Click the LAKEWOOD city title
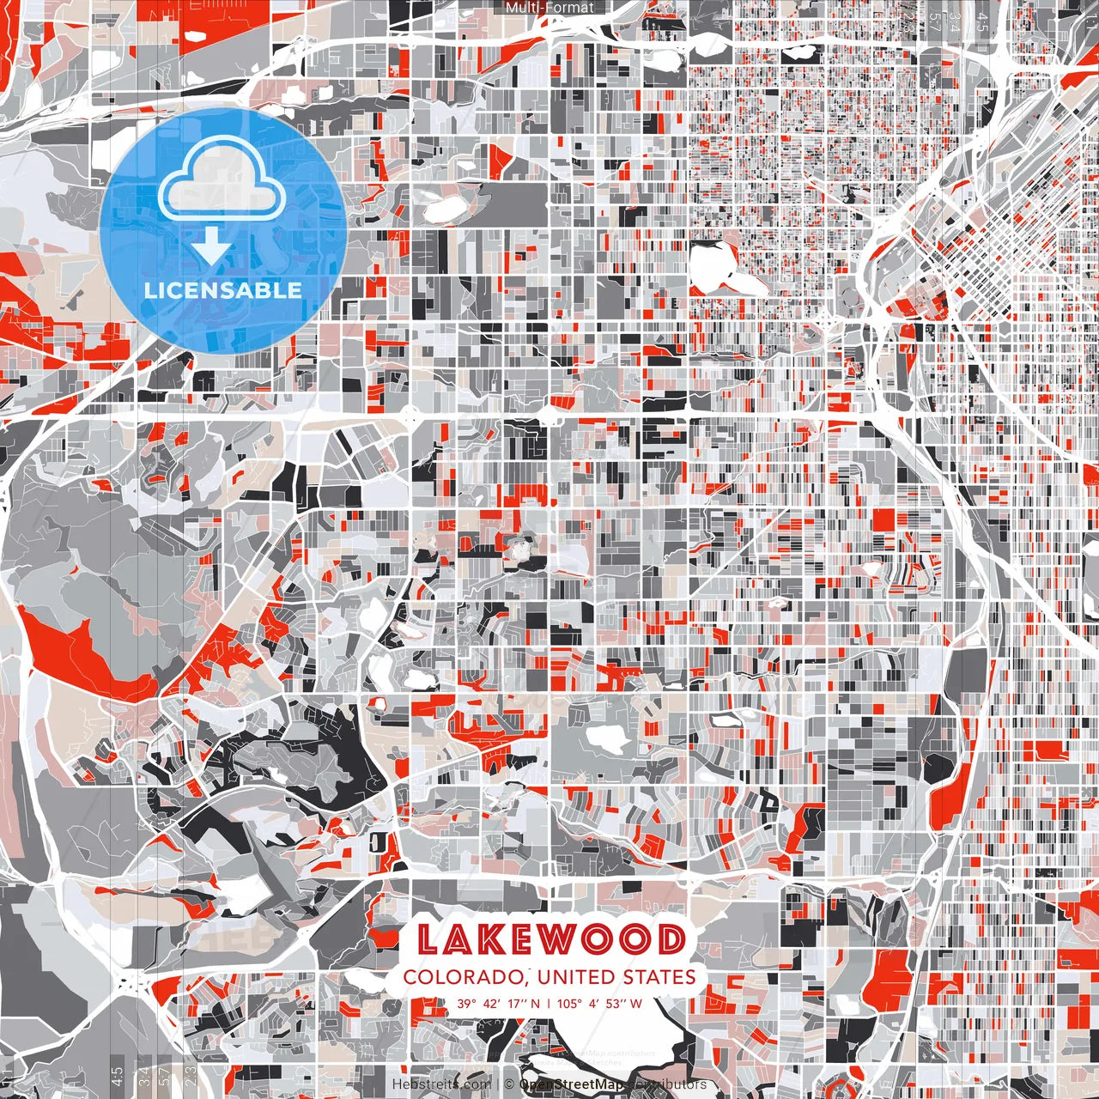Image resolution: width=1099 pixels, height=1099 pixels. [x=550, y=939]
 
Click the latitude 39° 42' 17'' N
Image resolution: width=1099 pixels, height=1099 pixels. [x=498, y=1003]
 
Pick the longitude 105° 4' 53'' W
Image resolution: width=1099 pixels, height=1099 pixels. [x=599, y=1003]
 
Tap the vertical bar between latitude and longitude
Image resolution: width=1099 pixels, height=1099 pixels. [x=549, y=1003]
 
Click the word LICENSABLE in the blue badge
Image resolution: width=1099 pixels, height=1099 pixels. [x=223, y=290]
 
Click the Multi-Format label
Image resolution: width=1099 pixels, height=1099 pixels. [x=549, y=8]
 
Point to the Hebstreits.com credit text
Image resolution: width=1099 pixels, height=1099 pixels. [x=442, y=1084]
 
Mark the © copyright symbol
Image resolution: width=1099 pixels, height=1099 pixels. [x=509, y=1084]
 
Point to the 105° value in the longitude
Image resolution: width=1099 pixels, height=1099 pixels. [x=570, y=1003]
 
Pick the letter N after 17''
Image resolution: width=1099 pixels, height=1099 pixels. [x=536, y=1003]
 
